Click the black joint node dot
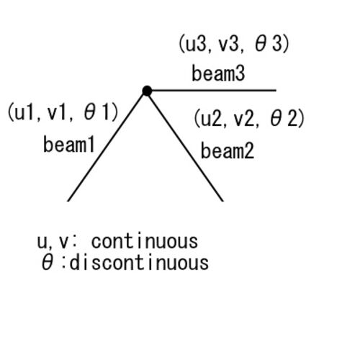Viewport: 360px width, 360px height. tap(147, 91)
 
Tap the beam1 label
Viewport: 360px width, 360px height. tap(69, 144)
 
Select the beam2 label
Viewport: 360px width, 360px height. tap(228, 150)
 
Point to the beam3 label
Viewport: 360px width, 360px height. tap(218, 73)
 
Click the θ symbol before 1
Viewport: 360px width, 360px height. tap(90, 112)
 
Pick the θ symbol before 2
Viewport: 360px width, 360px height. tap(276, 119)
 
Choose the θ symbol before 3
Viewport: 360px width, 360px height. tap(261, 44)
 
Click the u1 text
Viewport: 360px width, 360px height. tap(24, 112)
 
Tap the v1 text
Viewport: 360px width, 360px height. tap(56, 112)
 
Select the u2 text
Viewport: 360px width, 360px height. tap(211, 119)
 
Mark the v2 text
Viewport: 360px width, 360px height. tap(243, 119)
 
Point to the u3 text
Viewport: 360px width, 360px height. tap(196, 44)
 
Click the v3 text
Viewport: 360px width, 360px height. tap(228, 44)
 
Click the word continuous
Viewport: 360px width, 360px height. tap(145, 241)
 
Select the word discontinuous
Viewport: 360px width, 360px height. tap(139, 263)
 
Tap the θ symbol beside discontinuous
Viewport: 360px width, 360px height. tap(48, 263)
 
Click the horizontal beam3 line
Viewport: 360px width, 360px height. tap(214, 91)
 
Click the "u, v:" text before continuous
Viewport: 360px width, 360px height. tap(56, 242)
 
